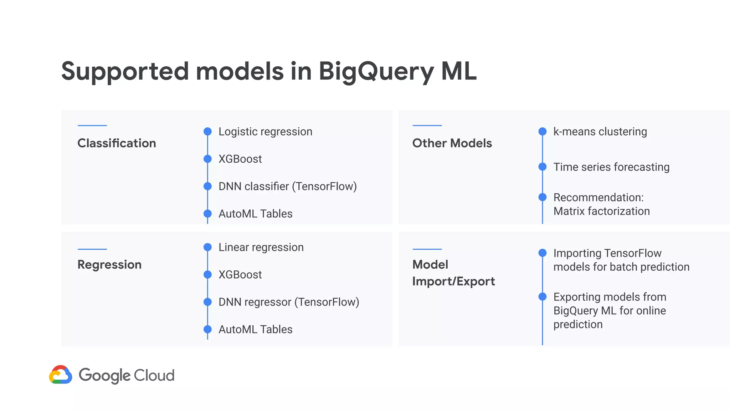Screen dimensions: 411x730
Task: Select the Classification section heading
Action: tap(117, 143)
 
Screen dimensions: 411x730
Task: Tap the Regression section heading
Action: tap(109, 264)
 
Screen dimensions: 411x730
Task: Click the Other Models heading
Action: tap(452, 143)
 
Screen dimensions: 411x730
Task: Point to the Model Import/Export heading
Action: tap(453, 273)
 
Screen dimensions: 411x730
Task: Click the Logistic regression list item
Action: tap(265, 132)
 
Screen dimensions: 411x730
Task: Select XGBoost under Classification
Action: tap(240, 159)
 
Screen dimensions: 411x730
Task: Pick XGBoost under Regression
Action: tap(240, 274)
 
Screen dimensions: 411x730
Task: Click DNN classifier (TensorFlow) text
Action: tap(287, 186)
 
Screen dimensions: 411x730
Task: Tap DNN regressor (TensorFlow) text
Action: tap(288, 302)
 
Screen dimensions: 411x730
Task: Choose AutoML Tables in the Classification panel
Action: tap(255, 214)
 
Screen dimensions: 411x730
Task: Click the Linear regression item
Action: tap(261, 247)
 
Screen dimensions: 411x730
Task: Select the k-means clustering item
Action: tap(600, 132)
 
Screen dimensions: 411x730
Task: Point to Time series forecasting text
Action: tap(611, 167)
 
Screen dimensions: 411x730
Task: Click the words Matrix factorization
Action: tap(601, 211)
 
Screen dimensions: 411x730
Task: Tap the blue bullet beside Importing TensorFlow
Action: tap(543, 253)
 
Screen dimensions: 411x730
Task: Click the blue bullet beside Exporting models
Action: tap(543, 296)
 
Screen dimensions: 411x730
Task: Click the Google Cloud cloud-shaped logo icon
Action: tap(61, 375)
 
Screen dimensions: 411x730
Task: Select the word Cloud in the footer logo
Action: tap(154, 375)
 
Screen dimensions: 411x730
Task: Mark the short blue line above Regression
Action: tap(92, 249)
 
